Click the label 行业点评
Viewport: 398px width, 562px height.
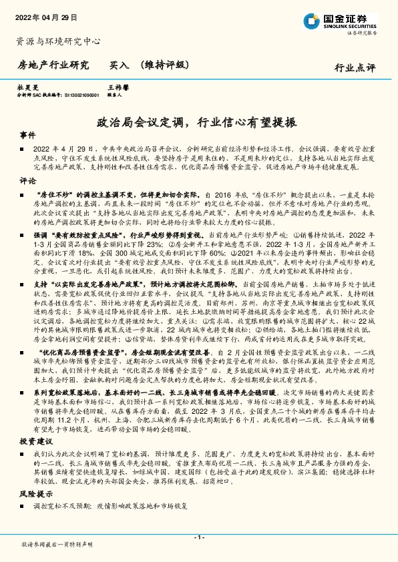tap(355, 67)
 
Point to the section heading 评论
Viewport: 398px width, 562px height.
tap(28, 180)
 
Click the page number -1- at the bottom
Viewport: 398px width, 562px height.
tap(198, 537)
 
